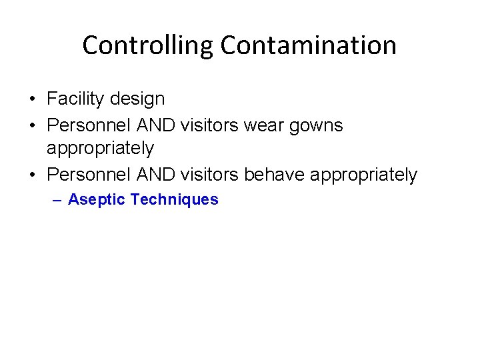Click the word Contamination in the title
[309, 46]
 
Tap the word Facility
[72, 99]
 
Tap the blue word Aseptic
[97, 199]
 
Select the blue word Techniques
[175, 199]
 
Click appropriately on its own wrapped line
[100, 148]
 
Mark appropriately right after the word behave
[364, 175]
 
